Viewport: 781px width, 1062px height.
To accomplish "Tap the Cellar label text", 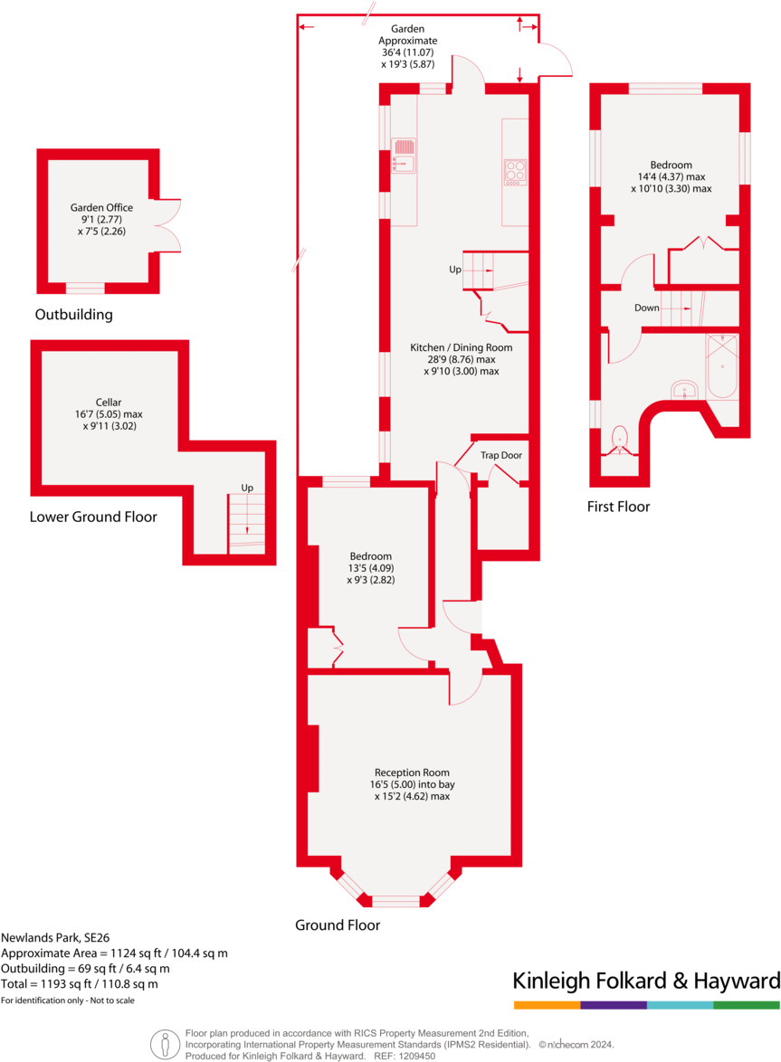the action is click(109, 402).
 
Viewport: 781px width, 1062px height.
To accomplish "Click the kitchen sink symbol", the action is click(405, 155).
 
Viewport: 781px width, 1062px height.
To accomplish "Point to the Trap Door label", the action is click(501, 456).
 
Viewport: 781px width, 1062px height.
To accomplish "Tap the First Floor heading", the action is click(618, 507).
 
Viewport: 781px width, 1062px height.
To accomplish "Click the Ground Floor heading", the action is click(338, 925).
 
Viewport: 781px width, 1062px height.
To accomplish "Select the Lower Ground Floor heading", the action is click(93, 517).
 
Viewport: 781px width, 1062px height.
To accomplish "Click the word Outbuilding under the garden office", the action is click(74, 316).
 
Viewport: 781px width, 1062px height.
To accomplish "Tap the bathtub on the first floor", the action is click(723, 366).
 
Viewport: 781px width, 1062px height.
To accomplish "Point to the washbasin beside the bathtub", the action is click(685, 390).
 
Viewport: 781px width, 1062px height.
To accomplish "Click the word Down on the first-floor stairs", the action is click(646, 308).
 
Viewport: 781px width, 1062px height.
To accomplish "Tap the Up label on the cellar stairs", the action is click(247, 488).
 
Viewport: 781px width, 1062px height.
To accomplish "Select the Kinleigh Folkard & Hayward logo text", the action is click(646, 981).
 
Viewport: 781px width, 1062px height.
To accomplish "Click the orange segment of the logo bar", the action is click(547, 1005).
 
